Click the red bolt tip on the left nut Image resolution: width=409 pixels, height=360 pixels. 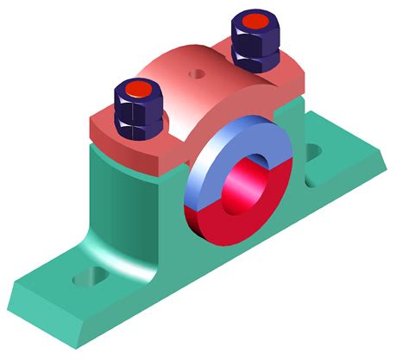[x=137, y=89]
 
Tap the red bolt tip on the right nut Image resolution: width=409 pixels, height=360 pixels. [x=256, y=20]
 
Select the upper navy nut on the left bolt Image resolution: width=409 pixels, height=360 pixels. [x=137, y=101]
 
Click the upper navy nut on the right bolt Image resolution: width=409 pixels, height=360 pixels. [x=256, y=34]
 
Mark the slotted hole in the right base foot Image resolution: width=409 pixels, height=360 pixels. [x=313, y=152]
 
